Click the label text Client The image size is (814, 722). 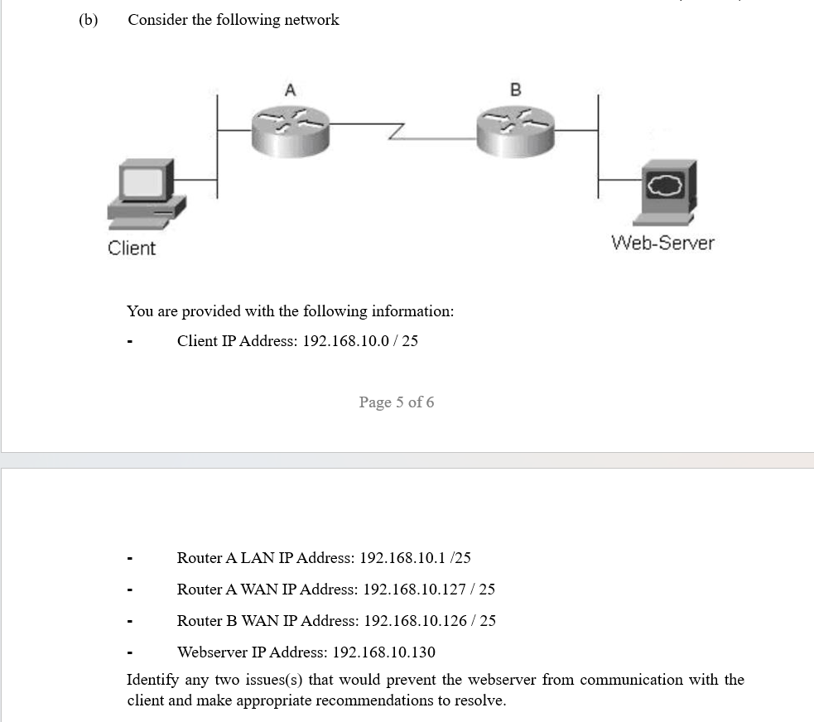coord(132,248)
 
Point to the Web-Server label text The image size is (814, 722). coord(662,243)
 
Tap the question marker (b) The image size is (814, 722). coord(88,20)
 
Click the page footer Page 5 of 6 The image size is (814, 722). coord(396,402)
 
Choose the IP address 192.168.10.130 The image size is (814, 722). coord(383,652)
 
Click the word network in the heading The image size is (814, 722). coord(311,20)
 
